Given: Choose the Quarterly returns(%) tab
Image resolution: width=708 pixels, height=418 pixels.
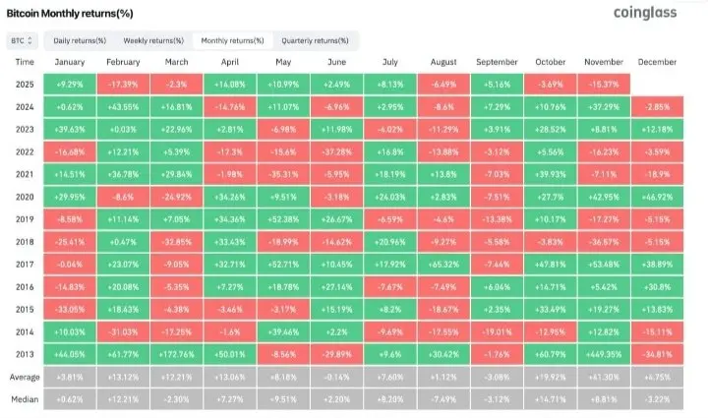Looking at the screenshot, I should point(315,40).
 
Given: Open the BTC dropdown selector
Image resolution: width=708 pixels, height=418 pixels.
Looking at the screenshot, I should point(22,40).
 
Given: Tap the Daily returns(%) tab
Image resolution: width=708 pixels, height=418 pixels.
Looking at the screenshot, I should point(79,40).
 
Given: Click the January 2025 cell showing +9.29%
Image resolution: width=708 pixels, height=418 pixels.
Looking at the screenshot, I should point(73,84).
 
